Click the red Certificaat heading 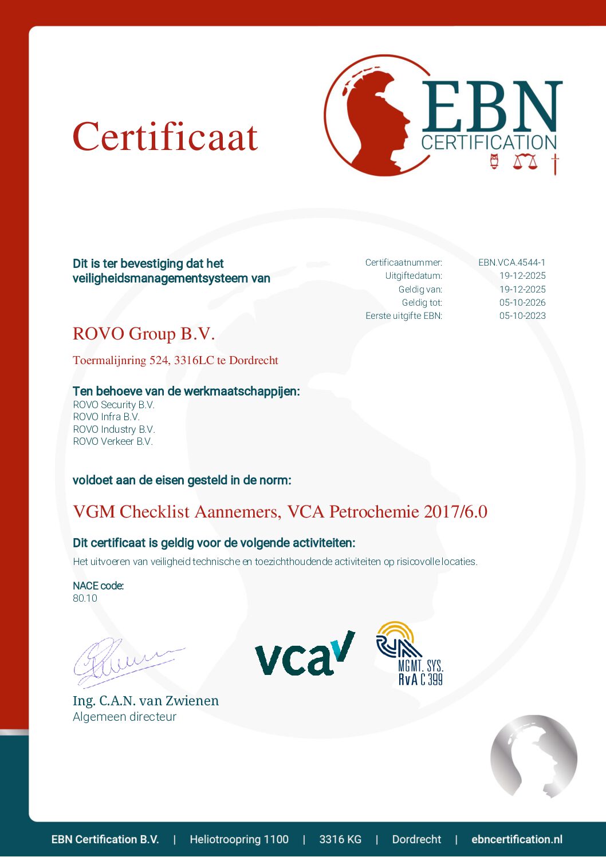click(165, 137)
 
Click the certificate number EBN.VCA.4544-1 click(511, 263)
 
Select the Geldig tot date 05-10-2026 click(522, 302)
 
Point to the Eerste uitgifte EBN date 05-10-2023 click(522, 315)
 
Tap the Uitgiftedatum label click(414, 276)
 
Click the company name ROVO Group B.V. click(144, 334)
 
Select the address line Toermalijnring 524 click(175, 361)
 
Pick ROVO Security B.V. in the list click(113, 405)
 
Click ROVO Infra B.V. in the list click(106, 417)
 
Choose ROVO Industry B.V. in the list click(114, 429)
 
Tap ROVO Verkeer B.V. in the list click(113, 441)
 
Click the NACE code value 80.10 click(85, 598)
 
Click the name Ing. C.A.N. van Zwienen click(145, 701)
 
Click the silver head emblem click(533, 756)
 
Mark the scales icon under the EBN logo click(525, 162)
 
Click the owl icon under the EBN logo click(494, 162)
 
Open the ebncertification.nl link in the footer click(517, 839)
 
